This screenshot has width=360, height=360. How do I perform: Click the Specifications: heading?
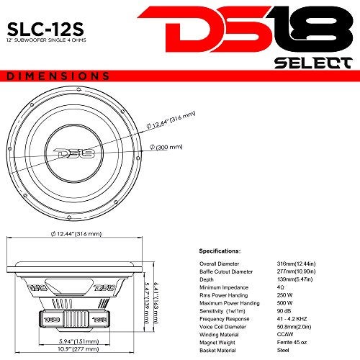tap(220, 253)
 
